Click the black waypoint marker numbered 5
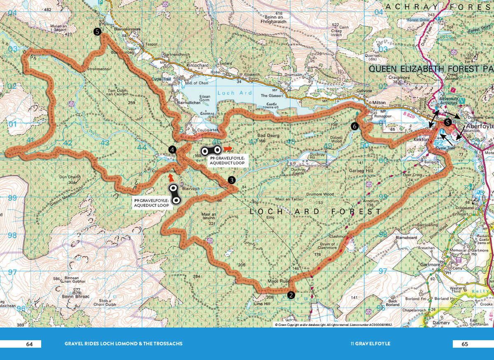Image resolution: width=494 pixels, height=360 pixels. [x=97, y=32]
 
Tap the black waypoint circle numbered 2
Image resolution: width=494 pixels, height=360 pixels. [x=291, y=295]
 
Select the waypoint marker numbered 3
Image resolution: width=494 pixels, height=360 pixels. [x=232, y=180]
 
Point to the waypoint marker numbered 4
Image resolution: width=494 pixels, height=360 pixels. [x=172, y=149]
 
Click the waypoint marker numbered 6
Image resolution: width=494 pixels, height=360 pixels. [x=355, y=126]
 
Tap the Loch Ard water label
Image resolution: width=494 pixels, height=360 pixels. [x=231, y=93]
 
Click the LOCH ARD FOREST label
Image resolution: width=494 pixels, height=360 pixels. [x=316, y=211]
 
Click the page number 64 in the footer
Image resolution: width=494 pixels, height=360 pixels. [x=29, y=344]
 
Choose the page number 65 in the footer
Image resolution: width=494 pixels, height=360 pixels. [x=465, y=344]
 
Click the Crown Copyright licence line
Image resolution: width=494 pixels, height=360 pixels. [x=333, y=325]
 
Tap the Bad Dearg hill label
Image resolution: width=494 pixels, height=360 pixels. [x=268, y=135]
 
